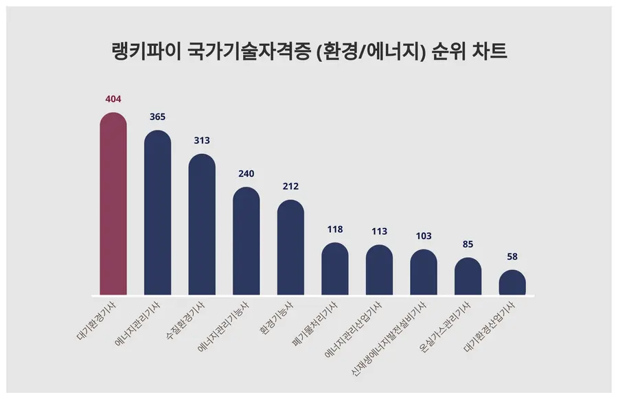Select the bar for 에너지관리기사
tap(157, 214)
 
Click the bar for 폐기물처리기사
tap(335, 269)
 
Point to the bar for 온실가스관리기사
tap(468, 277)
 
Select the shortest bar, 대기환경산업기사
tap(512, 283)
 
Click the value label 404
tap(113, 100)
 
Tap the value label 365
tap(157, 117)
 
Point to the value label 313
tap(202, 141)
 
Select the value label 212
tap(290, 187)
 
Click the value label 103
tap(424, 236)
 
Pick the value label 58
tap(512, 257)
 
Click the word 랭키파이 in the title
tap(145, 52)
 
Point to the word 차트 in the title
tap(488, 52)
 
